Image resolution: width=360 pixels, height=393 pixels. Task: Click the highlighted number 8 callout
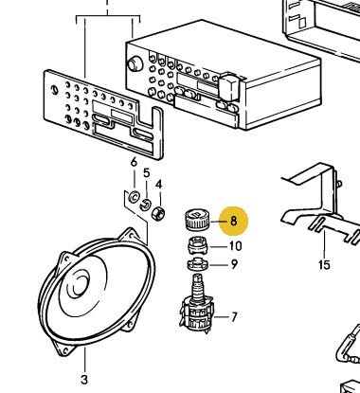233,221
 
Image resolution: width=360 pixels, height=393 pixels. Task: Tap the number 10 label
235,246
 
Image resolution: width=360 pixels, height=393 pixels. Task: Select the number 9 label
234,264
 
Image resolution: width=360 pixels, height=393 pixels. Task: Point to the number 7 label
234,317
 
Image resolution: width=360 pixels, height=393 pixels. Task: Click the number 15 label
324,264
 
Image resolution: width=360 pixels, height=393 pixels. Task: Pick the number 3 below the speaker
84,379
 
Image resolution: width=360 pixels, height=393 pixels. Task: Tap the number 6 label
134,162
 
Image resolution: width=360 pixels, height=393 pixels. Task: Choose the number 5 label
146,173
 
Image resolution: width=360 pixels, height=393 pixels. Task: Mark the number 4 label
158,185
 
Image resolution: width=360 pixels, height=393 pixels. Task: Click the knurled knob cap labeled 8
196,219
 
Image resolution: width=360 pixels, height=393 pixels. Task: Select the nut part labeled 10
197,245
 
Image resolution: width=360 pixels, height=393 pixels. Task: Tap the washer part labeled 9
197,264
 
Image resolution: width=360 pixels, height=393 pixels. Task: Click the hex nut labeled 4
158,214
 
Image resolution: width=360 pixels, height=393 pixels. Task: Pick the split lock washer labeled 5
145,205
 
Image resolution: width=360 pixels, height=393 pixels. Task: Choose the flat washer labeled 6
134,197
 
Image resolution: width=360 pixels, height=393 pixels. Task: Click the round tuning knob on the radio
135,64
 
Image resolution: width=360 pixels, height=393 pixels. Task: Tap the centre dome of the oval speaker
78,282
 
